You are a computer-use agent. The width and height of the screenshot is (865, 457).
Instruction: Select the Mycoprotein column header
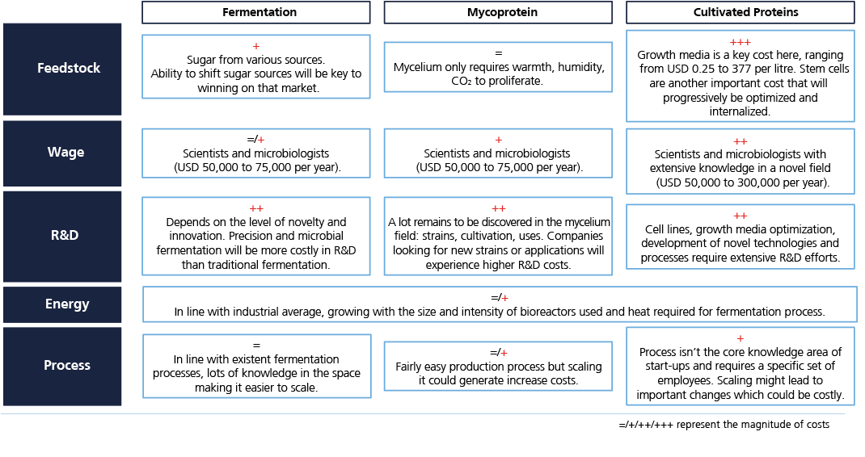[x=498, y=12]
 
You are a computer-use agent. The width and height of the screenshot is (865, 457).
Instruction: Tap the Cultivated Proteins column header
[x=741, y=12]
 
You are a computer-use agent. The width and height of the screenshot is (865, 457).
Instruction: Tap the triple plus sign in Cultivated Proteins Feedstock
[x=741, y=43]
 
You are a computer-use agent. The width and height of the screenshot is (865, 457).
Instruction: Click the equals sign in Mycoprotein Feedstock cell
[x=499, y=53]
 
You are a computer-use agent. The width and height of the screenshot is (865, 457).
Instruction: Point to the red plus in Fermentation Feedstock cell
[x=256, y=46]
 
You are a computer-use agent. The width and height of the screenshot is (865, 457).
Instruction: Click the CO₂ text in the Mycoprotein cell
[x=461, y=81]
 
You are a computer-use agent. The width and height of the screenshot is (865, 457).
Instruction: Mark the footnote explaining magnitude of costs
[x=724, y=425]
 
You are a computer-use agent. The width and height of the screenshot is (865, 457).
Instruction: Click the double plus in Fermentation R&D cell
[x=256, y=209]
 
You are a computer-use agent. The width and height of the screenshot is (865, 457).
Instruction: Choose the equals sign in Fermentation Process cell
[x=256, y=346]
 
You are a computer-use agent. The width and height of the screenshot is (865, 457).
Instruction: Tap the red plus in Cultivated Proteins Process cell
[x=741, y=338]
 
